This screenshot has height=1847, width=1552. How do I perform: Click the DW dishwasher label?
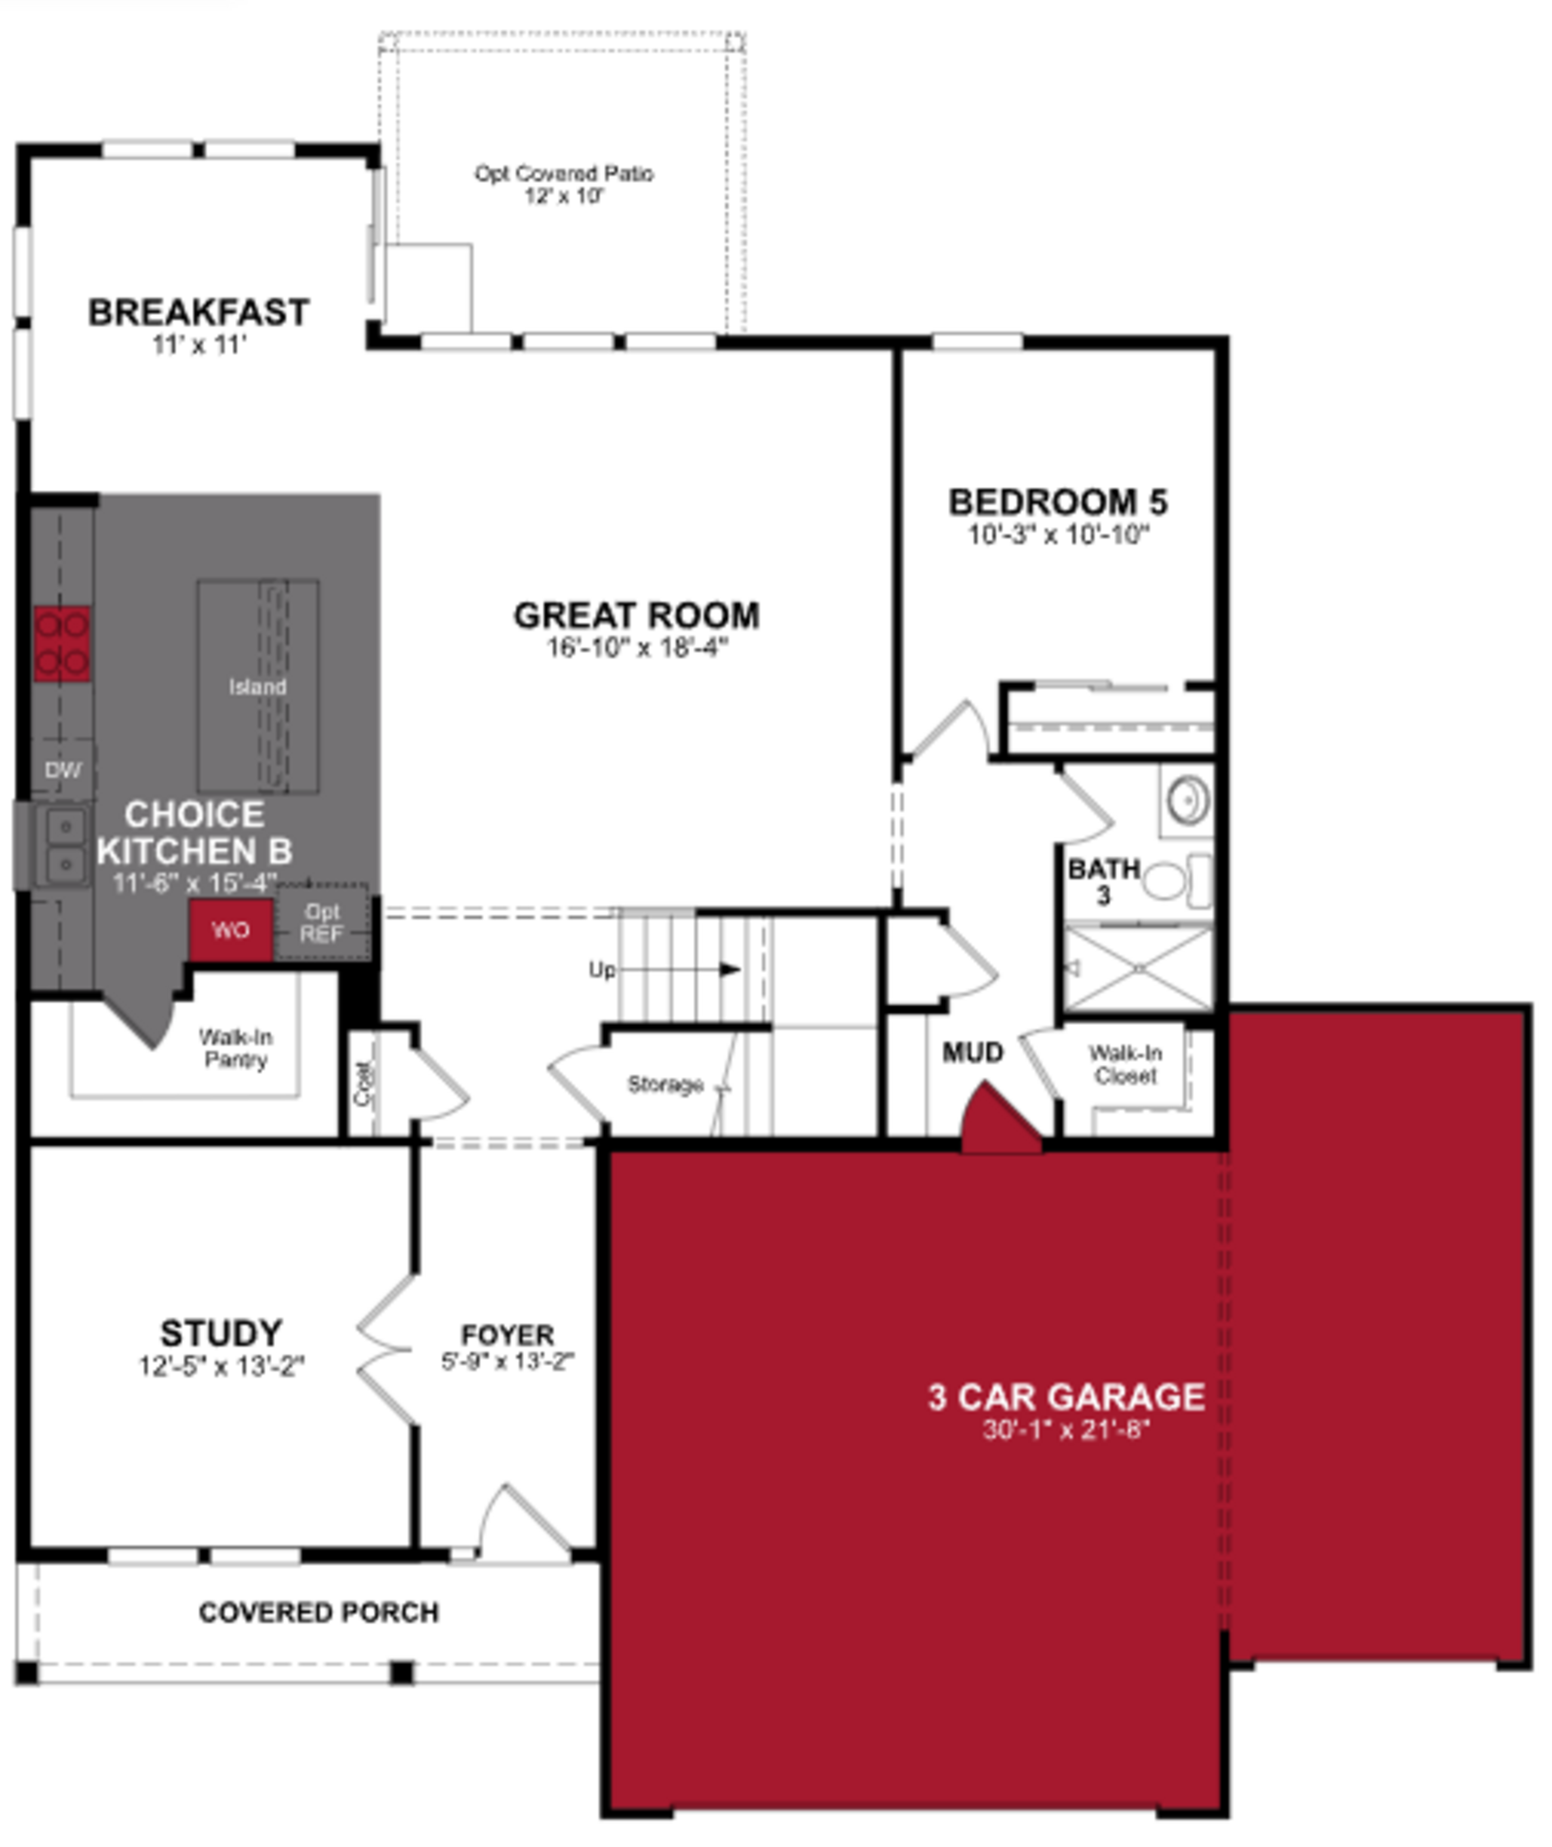click(x=63, y=771)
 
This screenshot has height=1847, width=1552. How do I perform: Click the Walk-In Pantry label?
click(x=235, y=1048)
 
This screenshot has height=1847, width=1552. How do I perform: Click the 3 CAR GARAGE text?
click(x=1065, y=1397)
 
